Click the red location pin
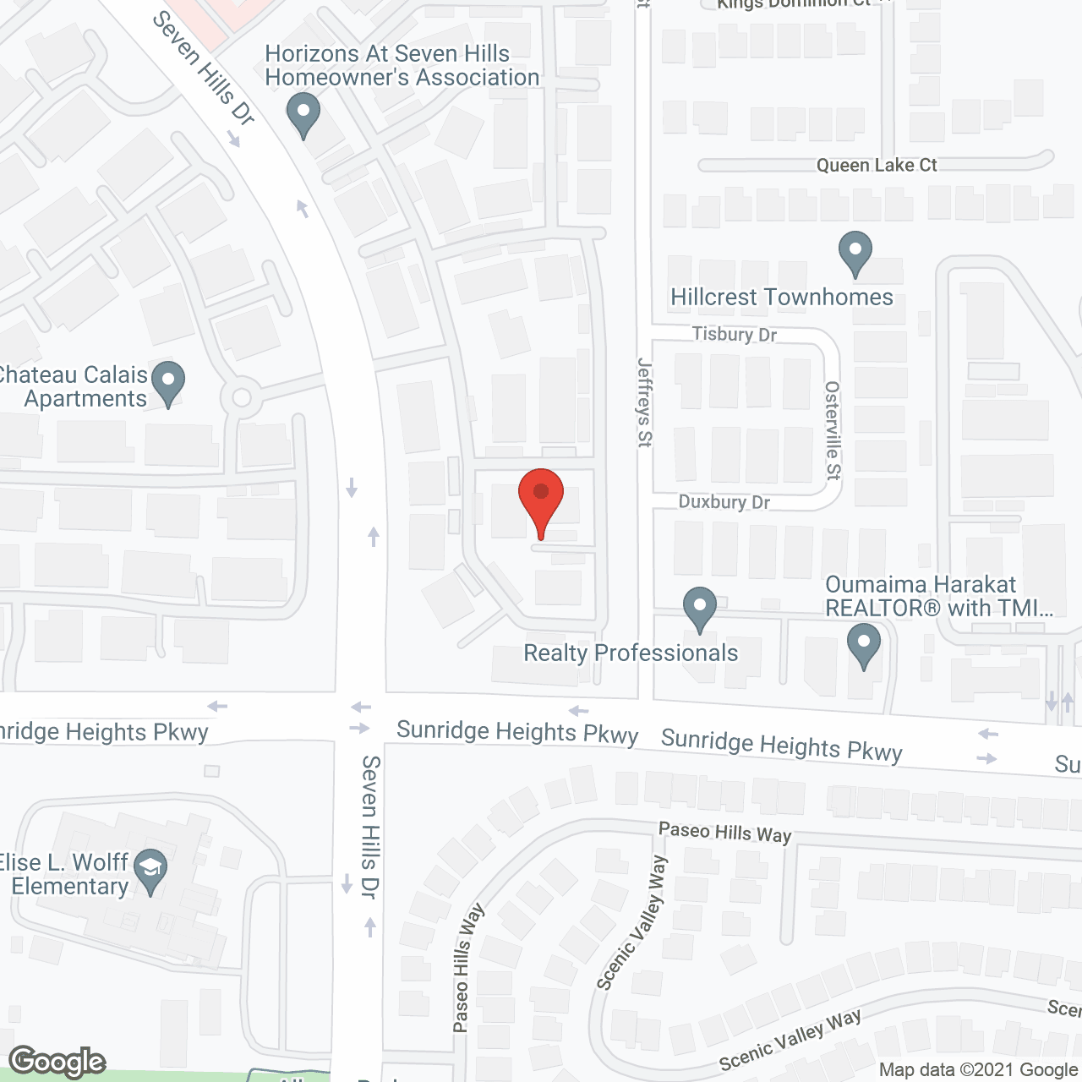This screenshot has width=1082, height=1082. [x=540, y=499]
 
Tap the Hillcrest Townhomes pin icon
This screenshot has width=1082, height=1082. [x=855, y=252]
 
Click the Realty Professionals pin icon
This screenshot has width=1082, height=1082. [x=700, y=608]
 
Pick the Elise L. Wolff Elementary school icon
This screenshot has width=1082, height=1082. [x=150, y=870]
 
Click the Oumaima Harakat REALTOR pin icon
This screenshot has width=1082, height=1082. [x=863, y=644]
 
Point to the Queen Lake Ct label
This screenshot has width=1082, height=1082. [x=877, y=166]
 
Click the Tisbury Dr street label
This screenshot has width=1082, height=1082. [x=734, y=334]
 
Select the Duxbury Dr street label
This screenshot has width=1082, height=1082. [x=724, y=502]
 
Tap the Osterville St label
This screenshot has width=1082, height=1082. [x=833, y=430]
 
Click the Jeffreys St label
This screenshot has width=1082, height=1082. [x=645, y=402]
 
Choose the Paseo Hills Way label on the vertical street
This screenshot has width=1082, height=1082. [x=466, y=968]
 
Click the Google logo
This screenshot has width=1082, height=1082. [x=57, y=1062]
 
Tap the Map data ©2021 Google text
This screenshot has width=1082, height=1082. [x=978, y=1070]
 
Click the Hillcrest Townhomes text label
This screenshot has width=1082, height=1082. [x=781, y=298]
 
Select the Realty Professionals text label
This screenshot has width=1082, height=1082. [x=631, y=653]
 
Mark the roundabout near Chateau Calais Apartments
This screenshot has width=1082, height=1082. [x=242, y=396]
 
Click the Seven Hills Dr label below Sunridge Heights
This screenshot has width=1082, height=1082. [x=370, y=826]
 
